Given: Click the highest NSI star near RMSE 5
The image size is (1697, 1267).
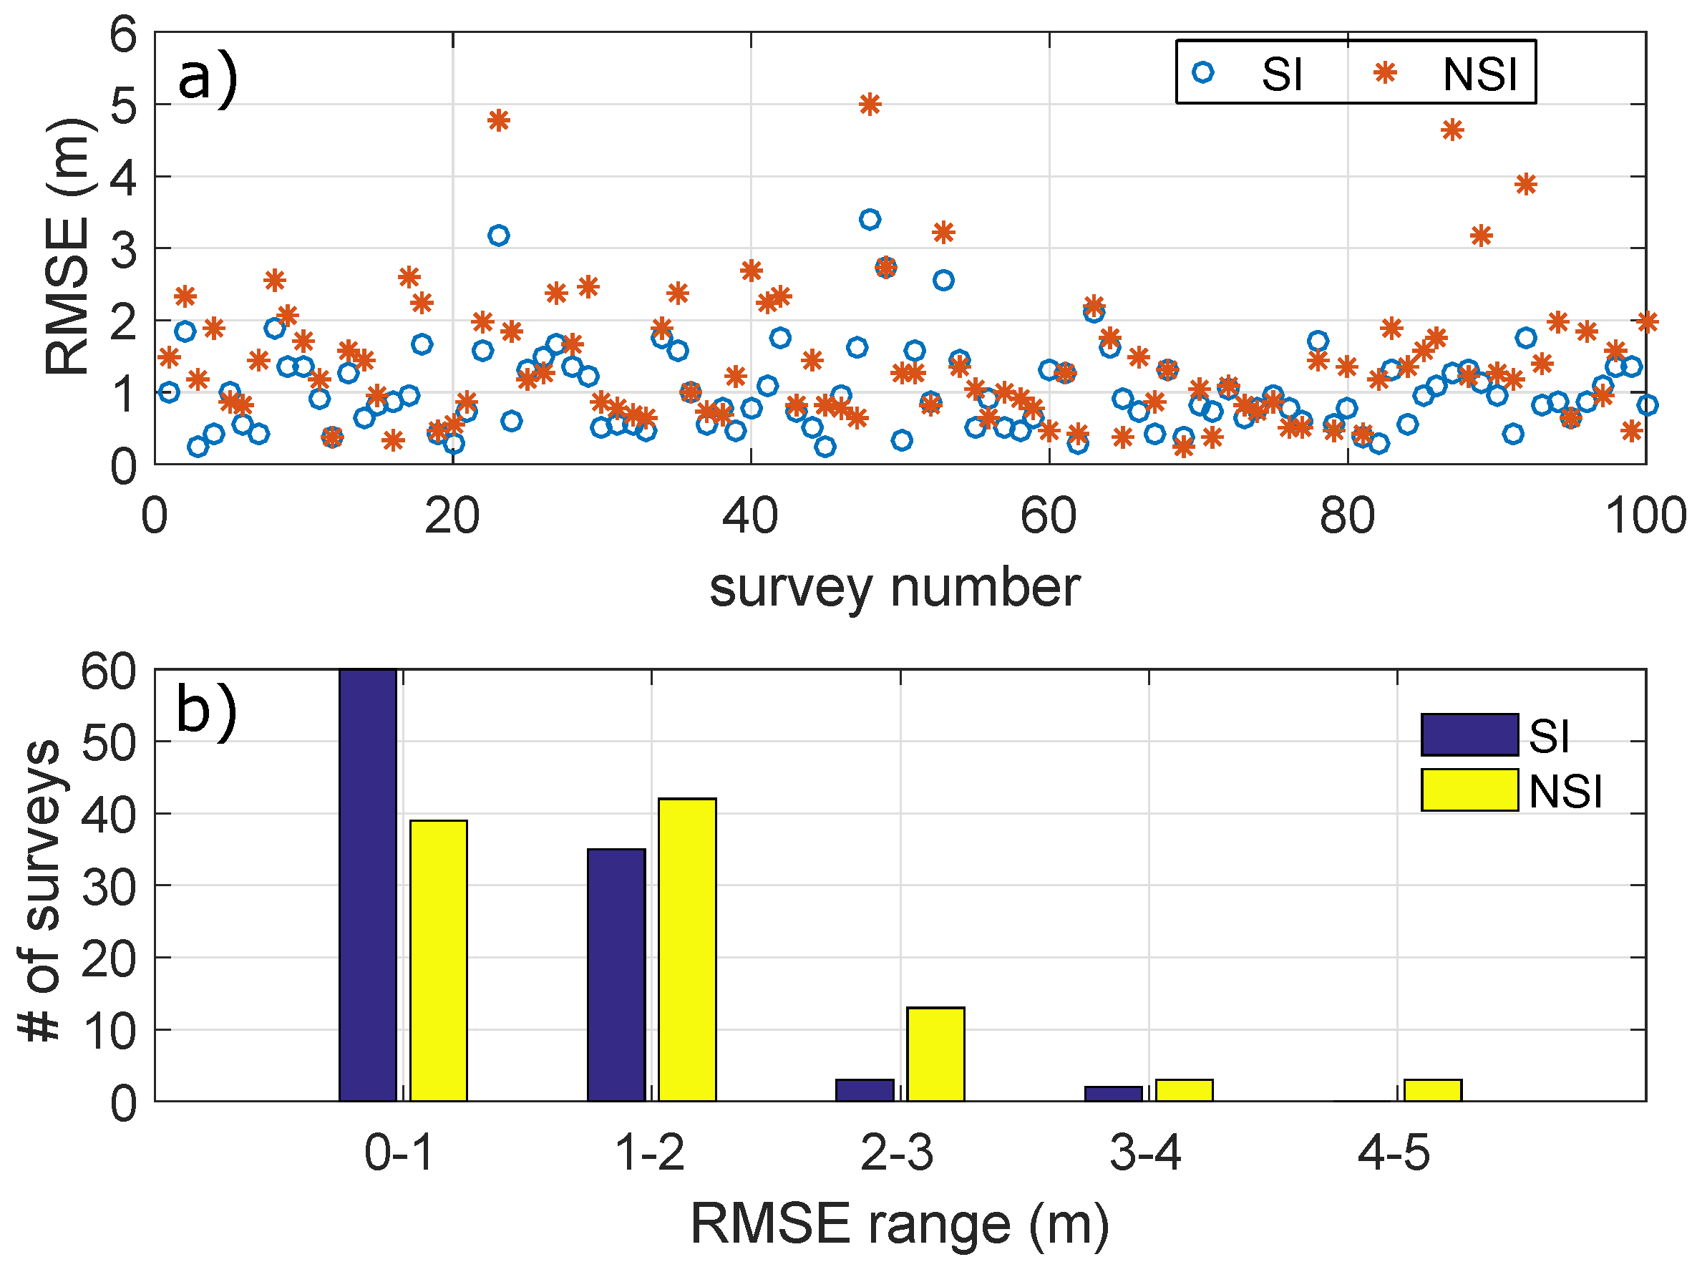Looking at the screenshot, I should pos(869,105).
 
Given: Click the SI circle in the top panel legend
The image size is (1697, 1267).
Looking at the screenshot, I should pos(1202,73).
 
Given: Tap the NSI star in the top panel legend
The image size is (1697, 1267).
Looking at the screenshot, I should pos(1385,73).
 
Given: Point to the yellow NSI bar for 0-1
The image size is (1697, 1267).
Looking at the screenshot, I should pos(438,960).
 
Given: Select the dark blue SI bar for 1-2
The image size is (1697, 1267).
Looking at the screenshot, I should pos(616,975).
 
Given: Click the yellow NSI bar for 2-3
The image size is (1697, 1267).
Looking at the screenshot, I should pos(935,1054).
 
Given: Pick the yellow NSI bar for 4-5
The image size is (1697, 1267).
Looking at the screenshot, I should pos(1431,1089).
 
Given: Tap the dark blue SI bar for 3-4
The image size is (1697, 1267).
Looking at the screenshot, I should pos(1113,1094).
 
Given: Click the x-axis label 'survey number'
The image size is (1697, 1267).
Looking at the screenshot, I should pos(894,589).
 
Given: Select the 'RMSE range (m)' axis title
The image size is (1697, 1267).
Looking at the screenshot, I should pos(899,1223).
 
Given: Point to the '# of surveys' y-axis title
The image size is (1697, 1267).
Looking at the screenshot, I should pos(40,890).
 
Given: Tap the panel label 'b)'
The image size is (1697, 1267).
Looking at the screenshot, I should pos(205,710).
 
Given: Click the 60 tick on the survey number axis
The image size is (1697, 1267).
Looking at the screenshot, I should pos(1048,516).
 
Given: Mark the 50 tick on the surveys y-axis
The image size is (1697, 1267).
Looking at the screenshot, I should pos(108,742).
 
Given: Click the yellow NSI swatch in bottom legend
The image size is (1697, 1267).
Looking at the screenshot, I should pos(1469,790).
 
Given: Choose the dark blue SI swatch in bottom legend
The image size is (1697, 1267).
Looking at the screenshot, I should pos(1469,734).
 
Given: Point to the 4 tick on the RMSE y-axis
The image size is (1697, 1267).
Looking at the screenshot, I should pos(122,178).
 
